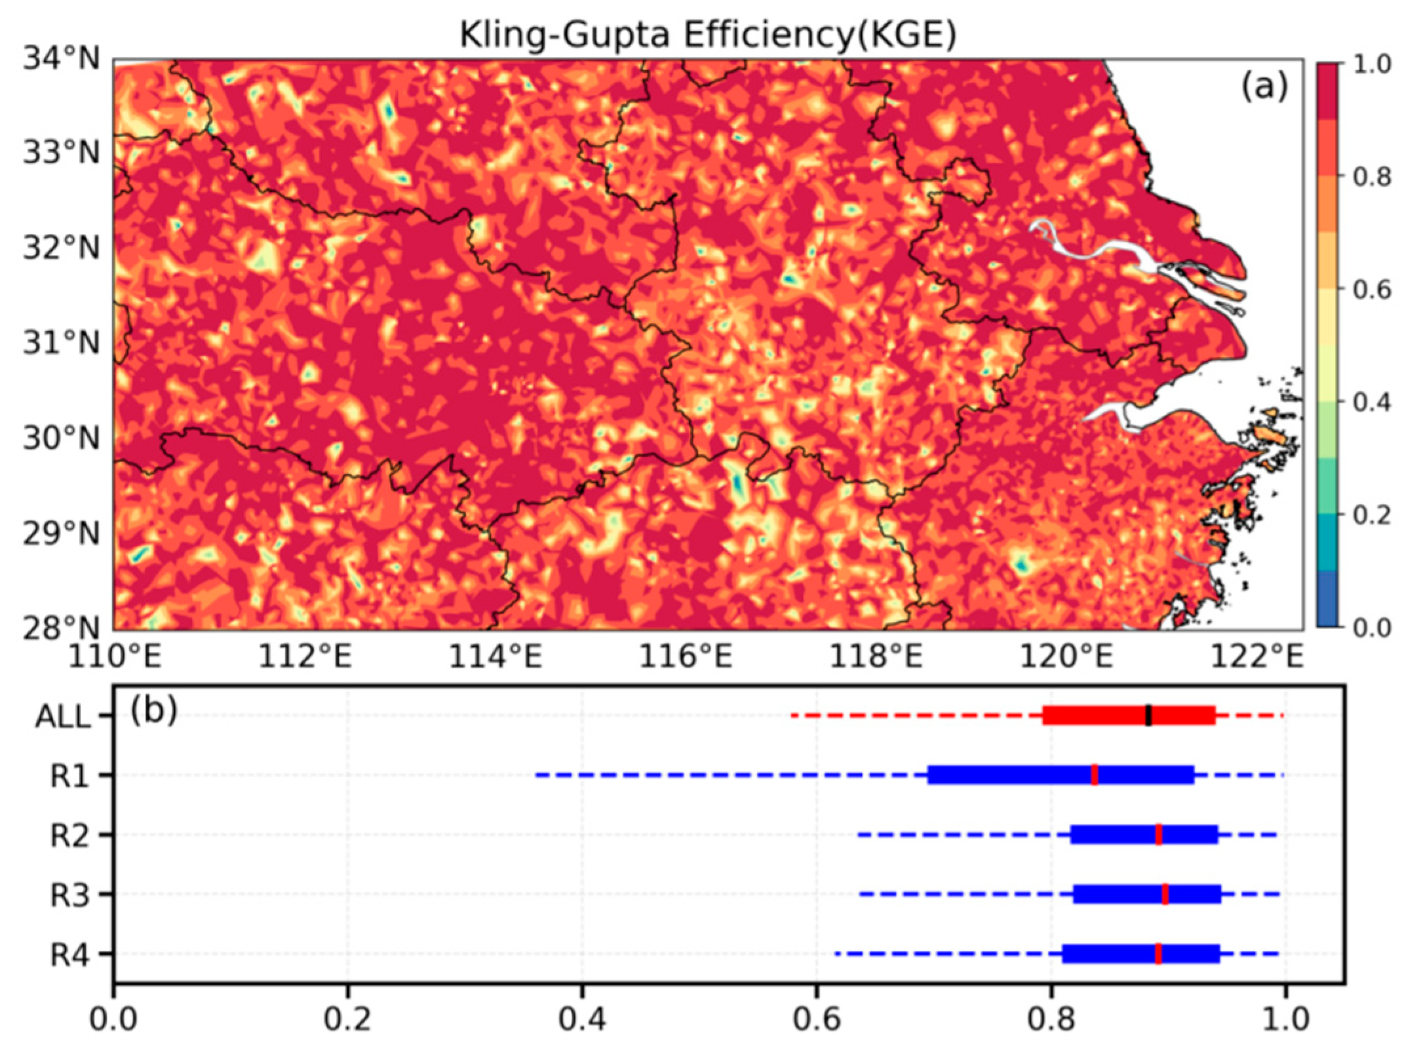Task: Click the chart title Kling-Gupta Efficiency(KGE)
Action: (707, 34)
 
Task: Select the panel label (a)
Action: (1264, 87)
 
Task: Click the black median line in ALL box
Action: (1148, 715)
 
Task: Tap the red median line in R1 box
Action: (1095, 775)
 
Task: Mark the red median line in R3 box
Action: (1165, 894)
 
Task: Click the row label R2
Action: (70, 836)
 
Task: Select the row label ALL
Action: (63, 718)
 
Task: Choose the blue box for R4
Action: (1108, 954)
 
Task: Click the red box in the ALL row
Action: (1095, 715)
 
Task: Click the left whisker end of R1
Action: (537, 775)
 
